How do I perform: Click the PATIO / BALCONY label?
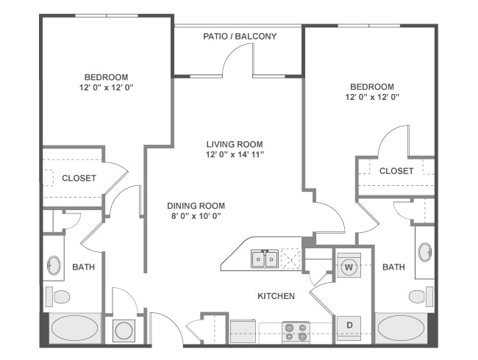point(240,36)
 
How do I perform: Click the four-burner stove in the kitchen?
point(296,331)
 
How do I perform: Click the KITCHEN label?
point(276,296)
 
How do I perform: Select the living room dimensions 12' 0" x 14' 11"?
point(235,155)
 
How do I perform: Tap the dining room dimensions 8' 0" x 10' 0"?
point(196,217)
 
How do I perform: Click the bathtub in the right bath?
point(400,328)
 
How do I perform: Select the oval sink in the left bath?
point(54,265)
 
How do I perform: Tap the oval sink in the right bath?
point(425,252)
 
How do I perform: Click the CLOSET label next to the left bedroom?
point(79,178)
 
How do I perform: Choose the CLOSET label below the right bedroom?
point(396,170)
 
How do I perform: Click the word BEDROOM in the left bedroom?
point(107,77)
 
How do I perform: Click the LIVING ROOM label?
point(235,144)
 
